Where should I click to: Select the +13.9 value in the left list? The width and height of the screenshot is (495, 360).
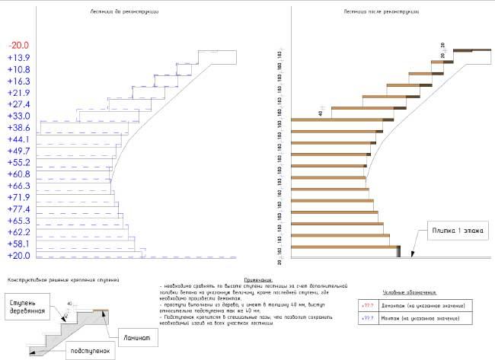pyautogui.click(x=18, y=58)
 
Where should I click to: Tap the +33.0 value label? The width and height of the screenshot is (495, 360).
pyautogui.click(x=18, y=116)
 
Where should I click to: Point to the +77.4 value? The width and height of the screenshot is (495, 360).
pyautogui.click(x=18, y=209)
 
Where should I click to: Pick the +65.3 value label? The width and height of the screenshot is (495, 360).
pyautogui.click(x=18, y=221)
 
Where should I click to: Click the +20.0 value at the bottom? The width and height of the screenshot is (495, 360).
pyautogui.click(x=18, y=256)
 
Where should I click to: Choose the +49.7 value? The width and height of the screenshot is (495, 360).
pyautogui.click(x=18, y=151)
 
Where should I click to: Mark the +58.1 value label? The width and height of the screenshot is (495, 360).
pyautogui.click(x=18, y=244)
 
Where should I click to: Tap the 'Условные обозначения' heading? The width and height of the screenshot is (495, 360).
pyautogui.click(x=410, y=292)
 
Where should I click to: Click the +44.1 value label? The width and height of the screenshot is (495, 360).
pyautogui.click(x=18, y=139)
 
